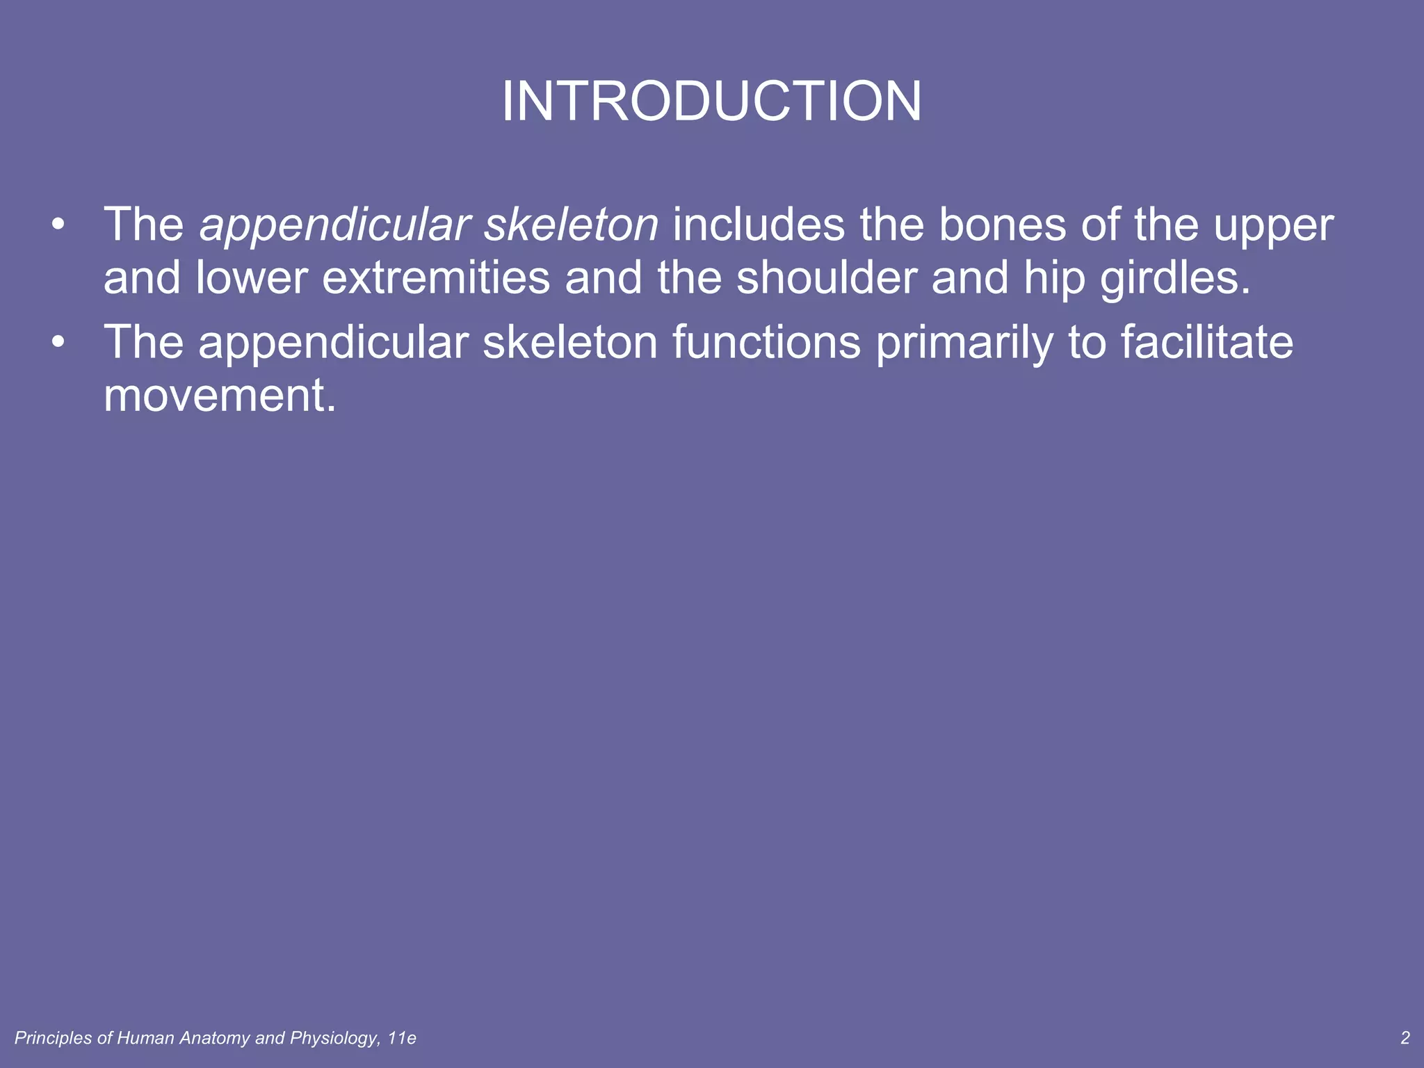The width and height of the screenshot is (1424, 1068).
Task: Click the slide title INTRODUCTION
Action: pyautogui.click(x=711, y=102)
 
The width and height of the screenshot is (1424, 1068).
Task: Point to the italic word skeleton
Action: pyautogui.click(x=571, y=225)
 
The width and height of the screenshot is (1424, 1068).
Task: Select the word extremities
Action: pyautogui.click(x=436, y=278)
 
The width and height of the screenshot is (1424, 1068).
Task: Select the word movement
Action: pyautogui.click(x=220, y=396)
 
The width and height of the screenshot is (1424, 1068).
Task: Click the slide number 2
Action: pyautogui.click(x=1405, y=1038)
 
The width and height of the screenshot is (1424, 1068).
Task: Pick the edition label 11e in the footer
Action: pyautogui.click(x=402, y=1039)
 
